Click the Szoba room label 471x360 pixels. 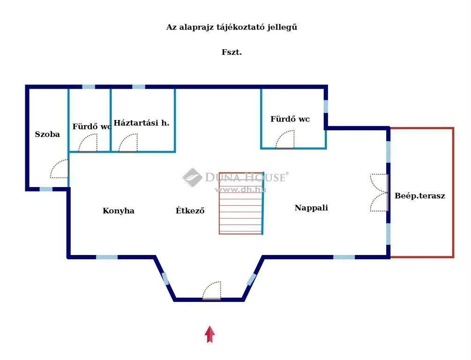click(x=47, y=134)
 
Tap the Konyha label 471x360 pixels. click(x=119, y=210)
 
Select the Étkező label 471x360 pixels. click(x=190, y=210)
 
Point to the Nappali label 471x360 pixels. click(x=311, y=208)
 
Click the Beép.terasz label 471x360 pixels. click(x=420, y=196)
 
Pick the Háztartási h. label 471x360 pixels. click(x=142, y=123)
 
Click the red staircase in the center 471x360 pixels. click(x=241, y=203)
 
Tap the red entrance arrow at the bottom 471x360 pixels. click(x=210, y=334)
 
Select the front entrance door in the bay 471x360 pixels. click(x=212, y=291)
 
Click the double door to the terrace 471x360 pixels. click(x=380, y=193)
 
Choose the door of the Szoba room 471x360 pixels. click(x=60, y=169)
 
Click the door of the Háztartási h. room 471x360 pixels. click(x=128, y=143)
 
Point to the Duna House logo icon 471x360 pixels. click(x=192, y=177)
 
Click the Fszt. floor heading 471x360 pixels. click(x=232, y=52)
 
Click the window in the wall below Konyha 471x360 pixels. click(x=107, y=257)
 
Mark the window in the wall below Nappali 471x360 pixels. click(x=344, y=257)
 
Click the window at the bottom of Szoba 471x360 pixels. click(x=45, y=189)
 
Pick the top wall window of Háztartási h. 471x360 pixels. click(x=138, y=87)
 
